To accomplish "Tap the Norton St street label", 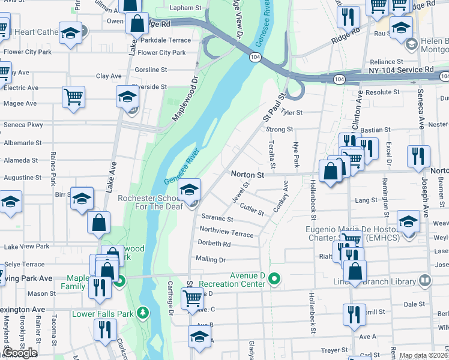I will click(x=248, y=175).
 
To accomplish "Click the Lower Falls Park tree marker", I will click(x=142, y=313).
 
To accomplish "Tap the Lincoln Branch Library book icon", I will click(x=425, y=280).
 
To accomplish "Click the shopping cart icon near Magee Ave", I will click(x=73, y=97).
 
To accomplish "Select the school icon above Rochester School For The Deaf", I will click(x=190, y=190).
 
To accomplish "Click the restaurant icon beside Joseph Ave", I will click(x=418, y=156).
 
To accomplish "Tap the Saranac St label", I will click(x=217, y=218).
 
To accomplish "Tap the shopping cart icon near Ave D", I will click(x=192, y=297).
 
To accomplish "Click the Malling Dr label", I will click(x=210, y=260).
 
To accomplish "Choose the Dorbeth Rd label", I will click(x=214, y=244).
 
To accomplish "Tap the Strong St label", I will click(x=279, y=129).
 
